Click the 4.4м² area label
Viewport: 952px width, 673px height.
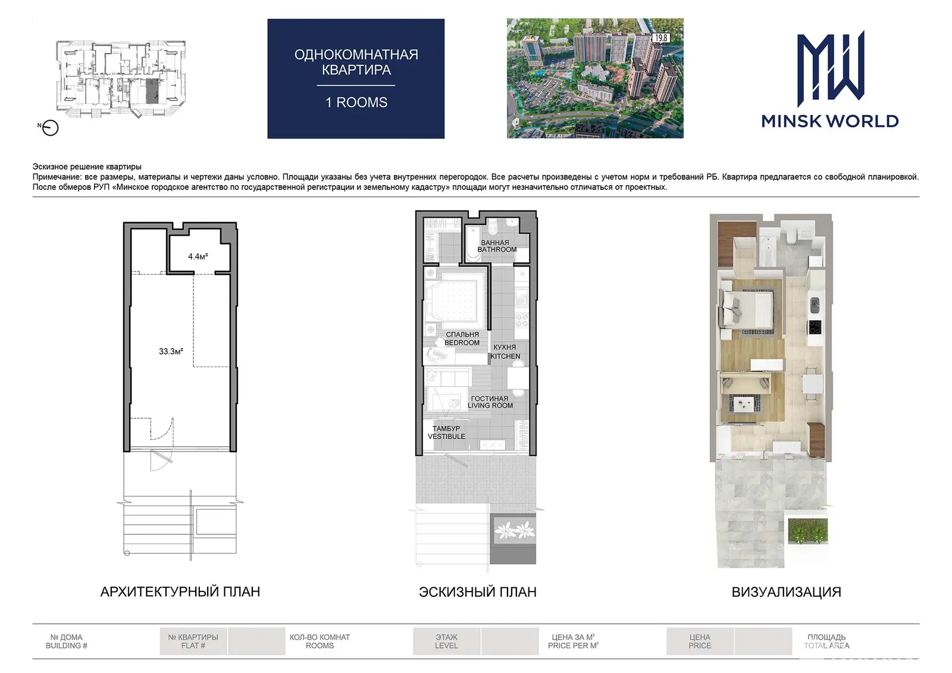[x=198, y=256]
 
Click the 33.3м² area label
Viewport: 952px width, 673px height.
[x=171, y=351]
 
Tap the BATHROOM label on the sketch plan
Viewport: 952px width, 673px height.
[x=497, y=249]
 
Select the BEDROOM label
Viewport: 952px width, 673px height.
[x=462, y=343]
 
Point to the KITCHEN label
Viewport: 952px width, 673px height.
[x=505, y=356]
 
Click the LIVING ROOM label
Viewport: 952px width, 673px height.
[x=490, y=406]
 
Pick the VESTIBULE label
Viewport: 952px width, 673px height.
[x=446, y=436]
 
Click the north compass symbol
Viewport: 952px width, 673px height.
[x=50, y=127]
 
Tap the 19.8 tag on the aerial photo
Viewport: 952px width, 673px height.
[x=661, y=38]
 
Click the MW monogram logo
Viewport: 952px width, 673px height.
[x=831, y=68]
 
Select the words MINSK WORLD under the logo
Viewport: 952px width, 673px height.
[x=830, y=121]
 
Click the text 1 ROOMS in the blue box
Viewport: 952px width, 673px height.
[x=356, y=102]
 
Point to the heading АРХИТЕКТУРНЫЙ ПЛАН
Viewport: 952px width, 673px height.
[x=180, y=592]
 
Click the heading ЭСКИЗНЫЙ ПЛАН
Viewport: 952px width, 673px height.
[x=478, y=592]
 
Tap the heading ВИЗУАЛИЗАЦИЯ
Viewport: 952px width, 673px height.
[x=786, y=592]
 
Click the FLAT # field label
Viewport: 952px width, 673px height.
[x=193, y=646]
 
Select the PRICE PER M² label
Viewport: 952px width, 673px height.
[x=573, y=646]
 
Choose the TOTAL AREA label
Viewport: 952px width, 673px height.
[x=826, y=646]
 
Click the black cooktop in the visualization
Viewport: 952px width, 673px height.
[x=815, y=327]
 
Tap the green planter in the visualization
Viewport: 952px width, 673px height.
[x=808, y=531]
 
